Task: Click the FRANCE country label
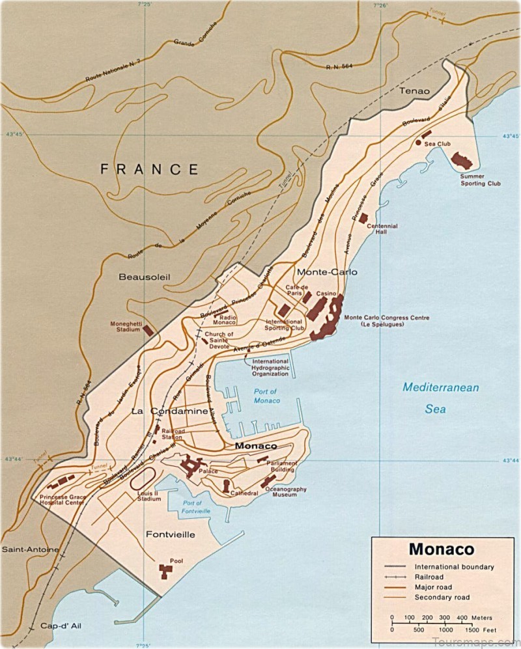tap(149, 170)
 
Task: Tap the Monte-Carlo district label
tap(326, 272)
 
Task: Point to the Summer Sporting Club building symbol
tap(462, 161)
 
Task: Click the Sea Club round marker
tap(418, 142)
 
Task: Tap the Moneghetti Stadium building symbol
tap(148, 330)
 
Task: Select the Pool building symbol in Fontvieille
tap(165, 571)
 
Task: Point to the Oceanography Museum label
tap(289, 491)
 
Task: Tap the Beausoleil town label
tap(144, 277)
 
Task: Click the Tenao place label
tap(415, 91)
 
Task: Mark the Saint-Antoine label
tap(30, 550)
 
